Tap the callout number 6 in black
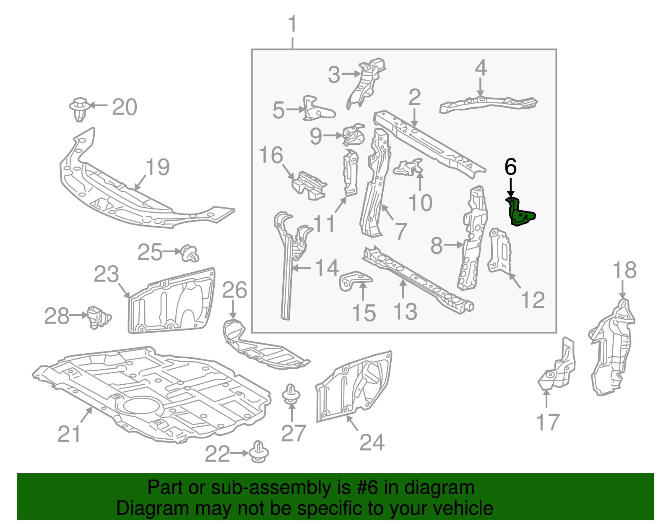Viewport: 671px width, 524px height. tap(510, 167)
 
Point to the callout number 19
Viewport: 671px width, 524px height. tap(158, 167)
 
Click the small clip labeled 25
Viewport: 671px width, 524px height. tap(190, 253)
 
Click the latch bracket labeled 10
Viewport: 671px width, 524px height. tap(408, 168)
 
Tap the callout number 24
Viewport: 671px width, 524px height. tap(372, 443)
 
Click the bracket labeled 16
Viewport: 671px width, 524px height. tap(309, 186)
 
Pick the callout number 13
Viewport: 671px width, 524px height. tap(405, 311)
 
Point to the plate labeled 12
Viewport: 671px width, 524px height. tap(499, 250)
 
